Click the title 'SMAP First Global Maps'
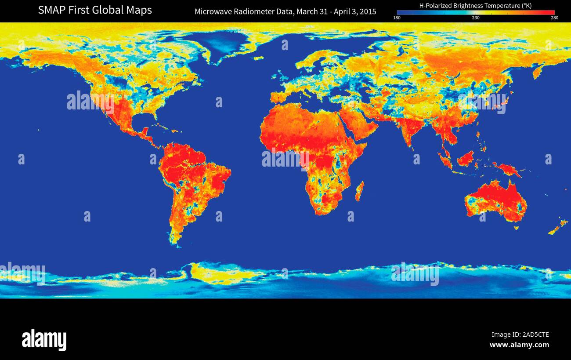click(x=95, y=10)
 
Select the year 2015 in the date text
click(x=367, y=11)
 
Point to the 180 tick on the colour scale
click(x=397, y=18)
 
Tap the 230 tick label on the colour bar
click(x=476, y=18)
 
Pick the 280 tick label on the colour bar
click(x=554, y=18)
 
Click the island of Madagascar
click(x=359, y=192)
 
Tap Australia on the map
click(x=496, y=200)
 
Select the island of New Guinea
click(x=507, y=169)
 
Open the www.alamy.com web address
click(x=519, y=345)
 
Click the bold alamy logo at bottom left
click(x=44, y=340)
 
